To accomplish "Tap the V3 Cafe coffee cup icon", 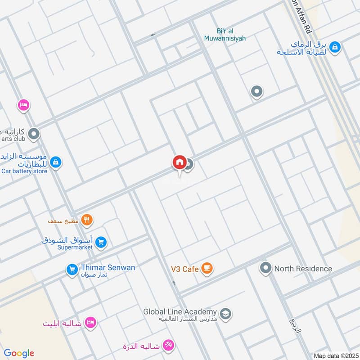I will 207,269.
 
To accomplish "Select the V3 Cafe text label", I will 184,269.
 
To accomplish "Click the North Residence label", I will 303,269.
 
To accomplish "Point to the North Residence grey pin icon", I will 265,269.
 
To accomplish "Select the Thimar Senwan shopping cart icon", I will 72,270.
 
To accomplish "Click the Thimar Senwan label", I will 108,267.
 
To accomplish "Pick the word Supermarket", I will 75,247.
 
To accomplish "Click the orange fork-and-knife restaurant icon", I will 87,220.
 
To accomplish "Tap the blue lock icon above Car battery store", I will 55,162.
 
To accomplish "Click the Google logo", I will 19,353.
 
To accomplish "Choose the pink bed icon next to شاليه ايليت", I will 91,323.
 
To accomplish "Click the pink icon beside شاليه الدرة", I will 169,346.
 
